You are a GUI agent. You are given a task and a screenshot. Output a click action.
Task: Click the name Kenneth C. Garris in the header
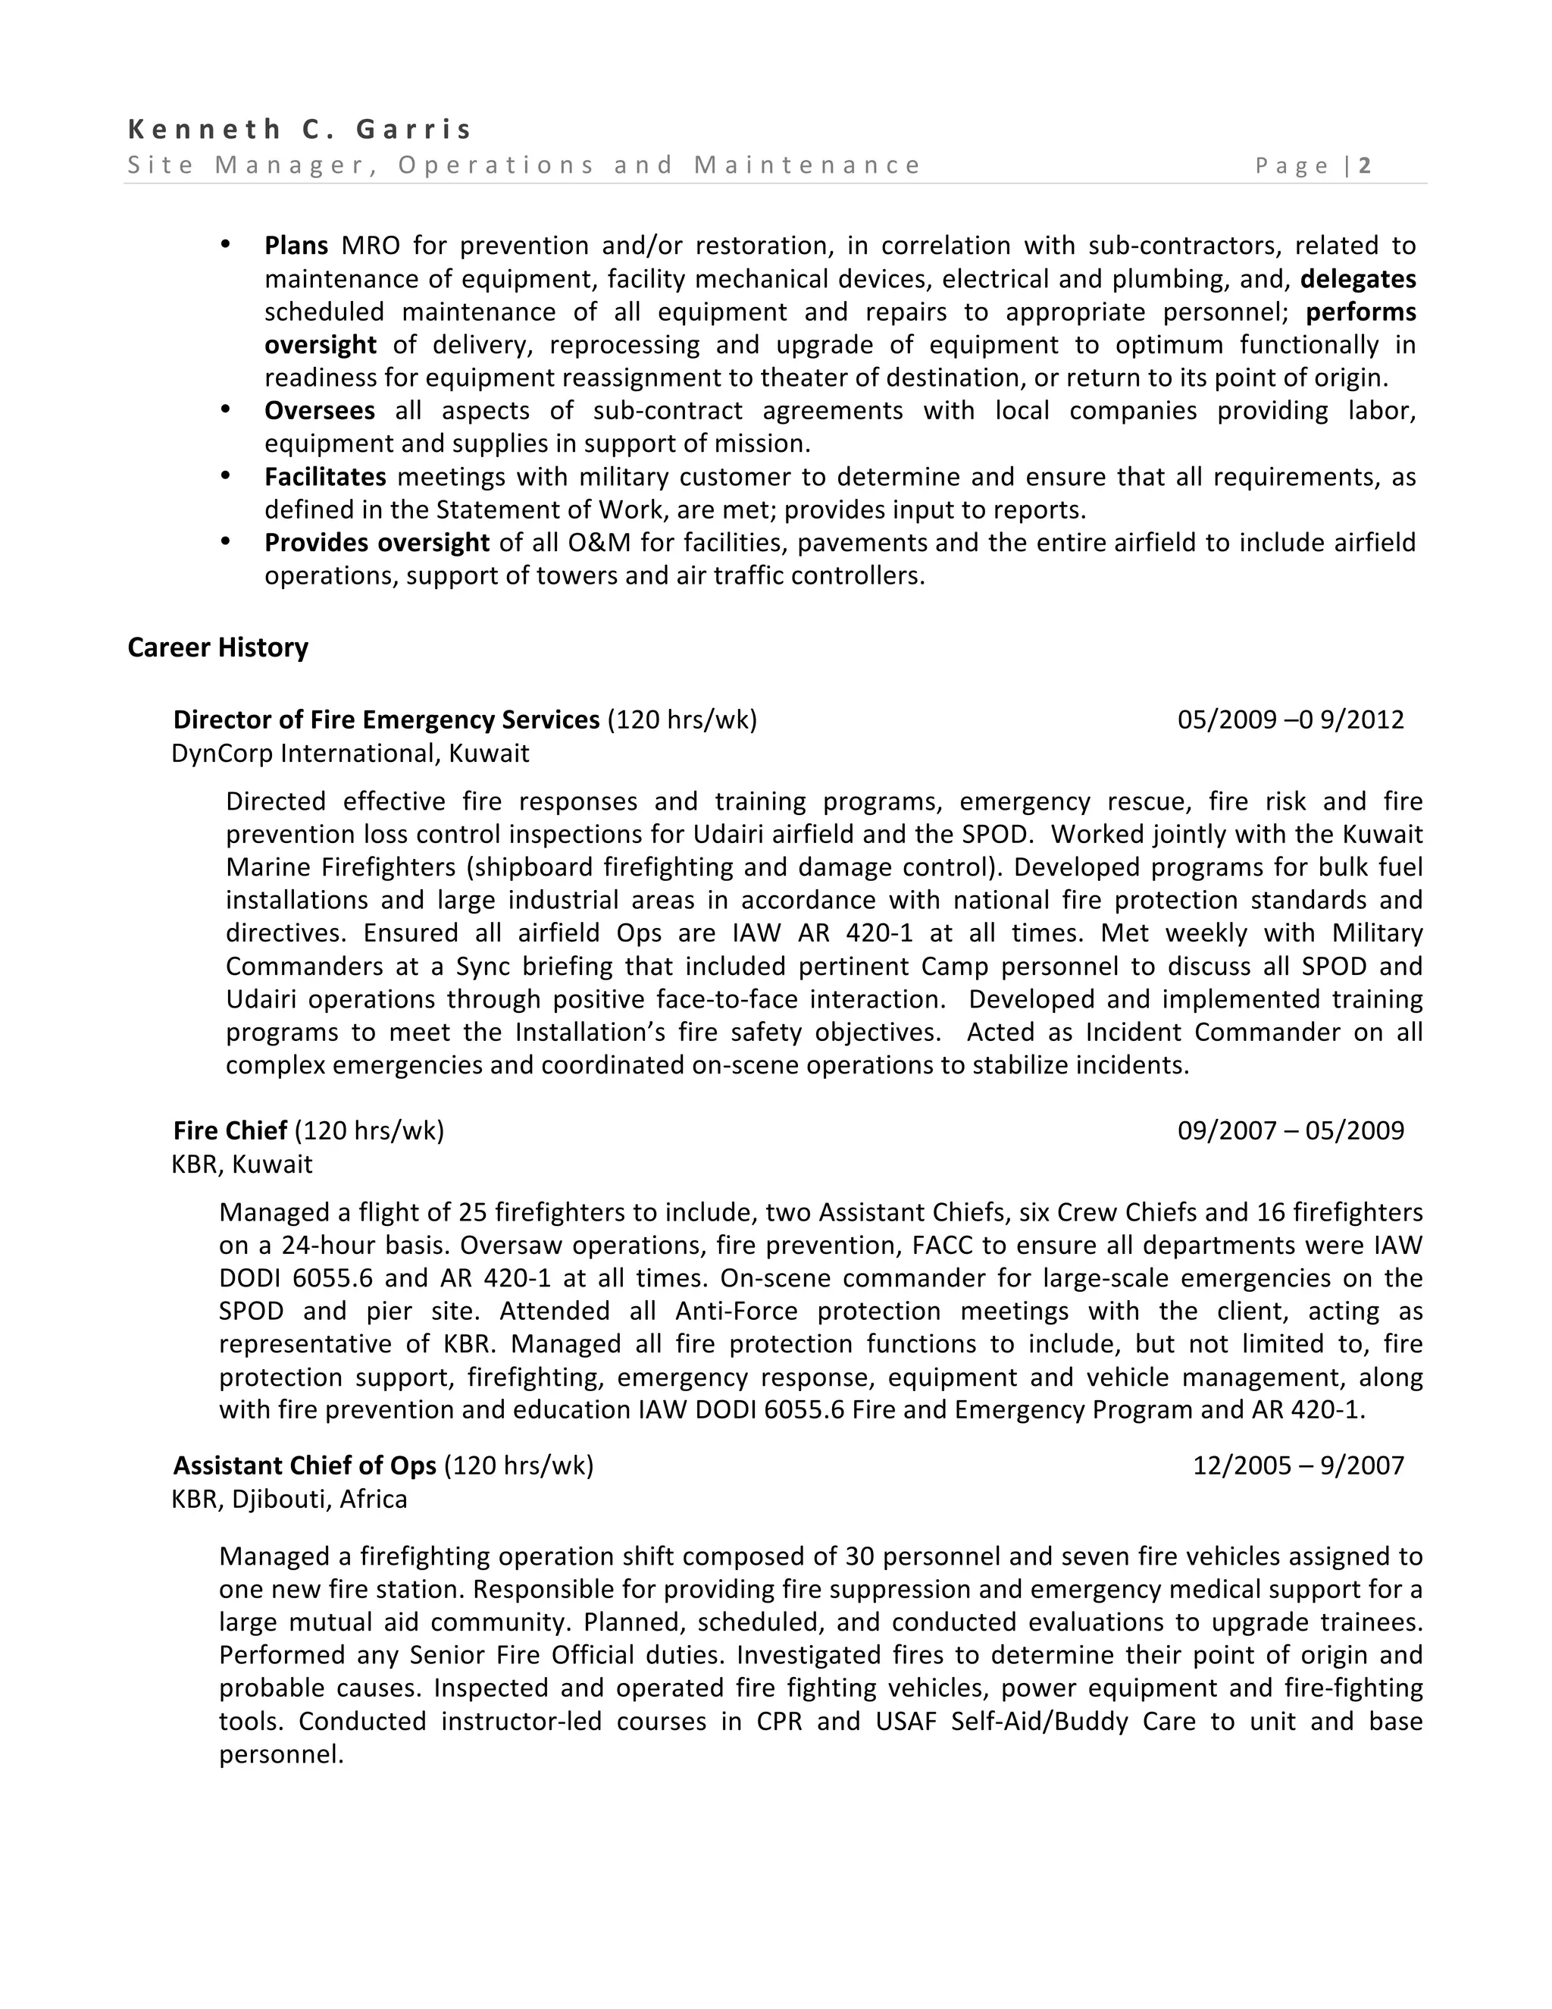pos(299,129)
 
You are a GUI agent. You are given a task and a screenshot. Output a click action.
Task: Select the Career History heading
pos(218,647)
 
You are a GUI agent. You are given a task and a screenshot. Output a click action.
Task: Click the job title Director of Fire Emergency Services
pos(386,719)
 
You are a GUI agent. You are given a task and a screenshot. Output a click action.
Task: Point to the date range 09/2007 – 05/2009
pos(1290,1130)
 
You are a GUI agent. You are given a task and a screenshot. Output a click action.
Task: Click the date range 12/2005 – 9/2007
pos(1297,1465)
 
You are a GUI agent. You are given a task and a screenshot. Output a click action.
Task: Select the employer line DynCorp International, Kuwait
pos(350,754)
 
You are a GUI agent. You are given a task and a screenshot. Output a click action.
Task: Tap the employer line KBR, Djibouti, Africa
pos(289,1500)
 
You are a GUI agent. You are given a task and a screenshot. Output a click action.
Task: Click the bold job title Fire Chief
pos(230,1130)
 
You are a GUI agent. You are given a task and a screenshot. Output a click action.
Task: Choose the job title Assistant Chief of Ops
pos(305,1465)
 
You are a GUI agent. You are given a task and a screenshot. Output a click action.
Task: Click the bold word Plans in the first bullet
pos(296,246)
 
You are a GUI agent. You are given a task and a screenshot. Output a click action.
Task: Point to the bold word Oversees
pos(319,410)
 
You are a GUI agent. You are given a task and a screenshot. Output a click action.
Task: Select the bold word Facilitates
pos(324,477)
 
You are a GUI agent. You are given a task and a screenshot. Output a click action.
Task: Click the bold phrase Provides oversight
pos(376,543)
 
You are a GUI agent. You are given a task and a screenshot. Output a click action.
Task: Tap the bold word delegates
pos(1357,279)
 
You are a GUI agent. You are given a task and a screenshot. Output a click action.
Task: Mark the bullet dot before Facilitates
pos(225,475)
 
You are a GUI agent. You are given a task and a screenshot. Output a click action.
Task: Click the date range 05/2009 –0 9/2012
pos(1290,719)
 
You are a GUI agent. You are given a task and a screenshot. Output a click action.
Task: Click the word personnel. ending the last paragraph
pos(280,1754)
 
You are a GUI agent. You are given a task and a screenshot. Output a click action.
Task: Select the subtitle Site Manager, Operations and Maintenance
pos(523,165)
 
